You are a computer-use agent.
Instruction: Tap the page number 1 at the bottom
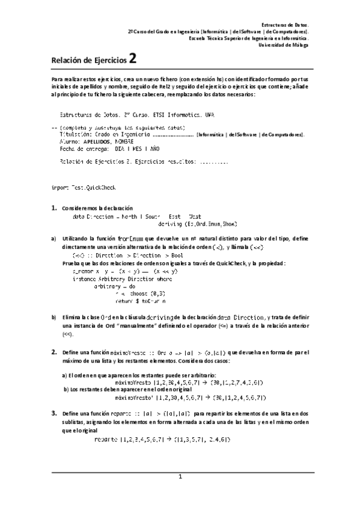[x=179, y=476]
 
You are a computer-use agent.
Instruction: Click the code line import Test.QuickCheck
[x=84, y=188]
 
